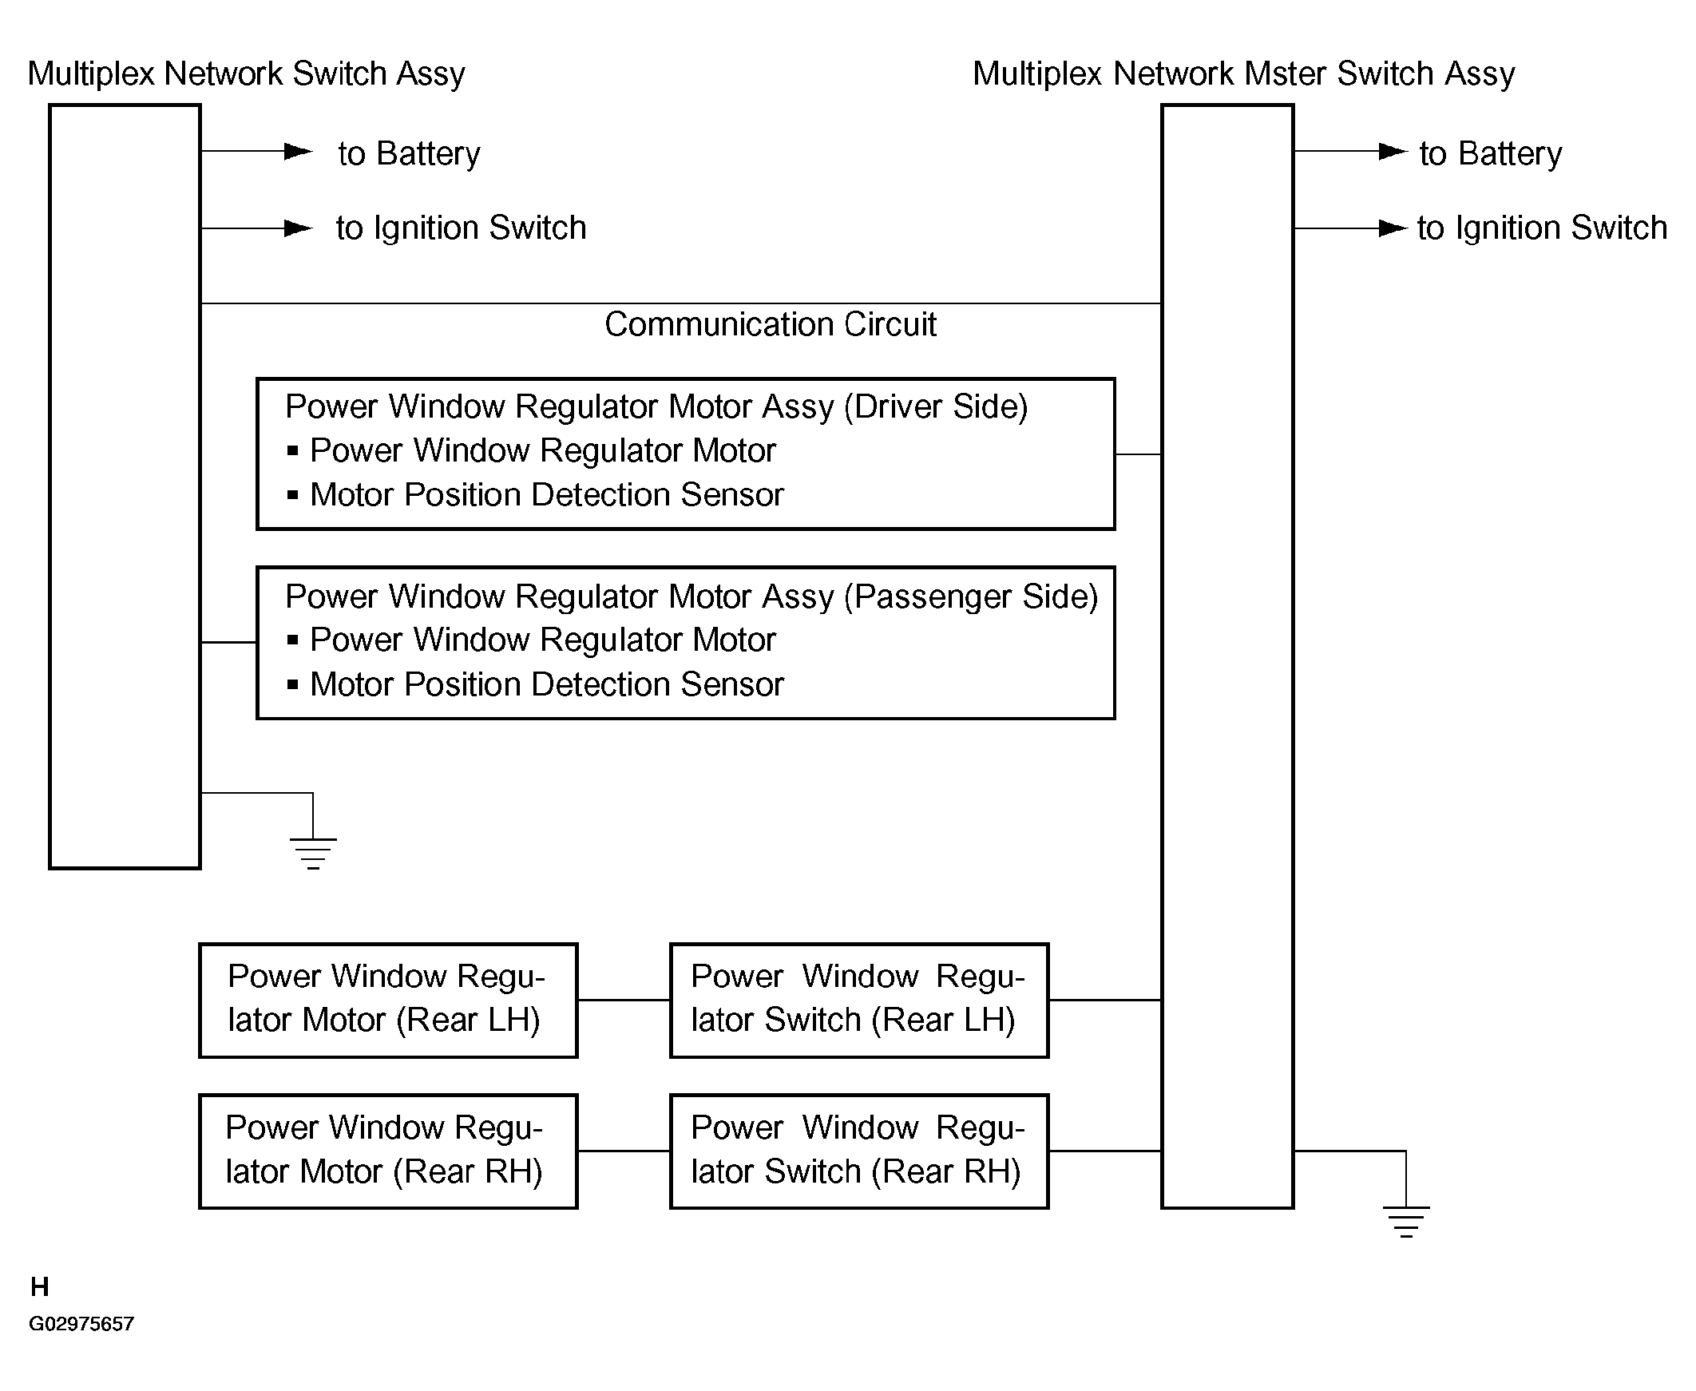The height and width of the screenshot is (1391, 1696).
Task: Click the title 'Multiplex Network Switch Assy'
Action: [246, 73]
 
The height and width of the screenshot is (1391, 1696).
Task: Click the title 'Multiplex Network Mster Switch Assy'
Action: [1243, 73]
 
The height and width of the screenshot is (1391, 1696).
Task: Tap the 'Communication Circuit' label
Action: [770, 324]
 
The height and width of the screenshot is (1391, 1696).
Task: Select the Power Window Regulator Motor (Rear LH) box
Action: [388, 1000]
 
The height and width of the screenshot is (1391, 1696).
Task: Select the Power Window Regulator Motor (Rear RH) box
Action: [388, 1151]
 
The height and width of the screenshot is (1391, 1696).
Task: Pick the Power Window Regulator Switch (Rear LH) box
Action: [859, 1000]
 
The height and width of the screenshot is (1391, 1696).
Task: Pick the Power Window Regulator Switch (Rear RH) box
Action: [859, 1151]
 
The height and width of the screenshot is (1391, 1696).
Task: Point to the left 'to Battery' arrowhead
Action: [299, 151]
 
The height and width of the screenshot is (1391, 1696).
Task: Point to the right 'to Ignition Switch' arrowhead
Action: [1393, 228]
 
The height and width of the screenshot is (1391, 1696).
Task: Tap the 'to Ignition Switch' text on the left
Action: [462, 228]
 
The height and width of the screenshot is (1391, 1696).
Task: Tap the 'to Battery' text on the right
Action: [1490, 153]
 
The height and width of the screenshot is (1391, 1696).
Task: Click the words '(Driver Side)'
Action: [936, 407]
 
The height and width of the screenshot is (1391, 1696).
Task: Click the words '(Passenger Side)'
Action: [970, 597]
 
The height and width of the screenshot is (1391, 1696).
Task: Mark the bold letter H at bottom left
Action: [40, 1287]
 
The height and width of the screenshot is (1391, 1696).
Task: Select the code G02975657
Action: [81, 1324]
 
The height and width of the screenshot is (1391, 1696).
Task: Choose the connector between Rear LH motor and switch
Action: [624, 1000]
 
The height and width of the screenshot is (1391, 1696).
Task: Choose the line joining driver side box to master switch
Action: [1138, 454]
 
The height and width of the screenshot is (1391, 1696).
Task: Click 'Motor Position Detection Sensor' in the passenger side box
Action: [546, 685]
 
